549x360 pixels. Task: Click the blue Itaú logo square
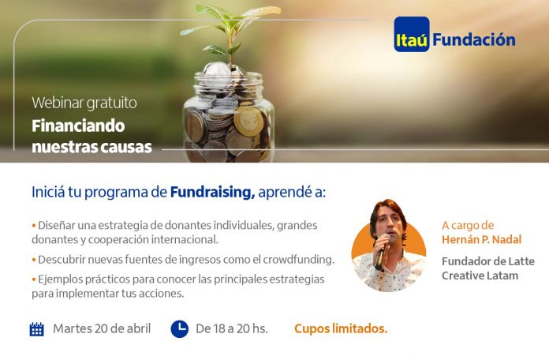pyautogui.click(x=412, y=35)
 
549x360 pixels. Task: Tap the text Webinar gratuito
pyautogui.click(x=84, y=103)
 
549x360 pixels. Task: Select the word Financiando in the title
pyautogui.click(x=78, y=126)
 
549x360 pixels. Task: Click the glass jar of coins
pyautogui.click(x=228, y=114)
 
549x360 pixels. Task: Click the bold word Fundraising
pyautogui.click(x=212, y=193)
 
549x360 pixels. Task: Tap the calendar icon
pyautogui.click(x=37, y=328)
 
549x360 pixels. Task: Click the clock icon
pyautogui.click(x=179, y=328)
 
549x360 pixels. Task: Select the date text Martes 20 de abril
pyautogui.click(x=102, y=328)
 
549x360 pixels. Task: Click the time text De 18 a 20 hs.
pyautogui.click(x=231, y=328)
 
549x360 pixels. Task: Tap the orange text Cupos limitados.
pyautogui.click(x=341, y=328)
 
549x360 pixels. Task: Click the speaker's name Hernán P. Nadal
pyautogui.click(x=481, y=240)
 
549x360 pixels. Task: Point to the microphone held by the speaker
pyautogui.click(x=381, y=251)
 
